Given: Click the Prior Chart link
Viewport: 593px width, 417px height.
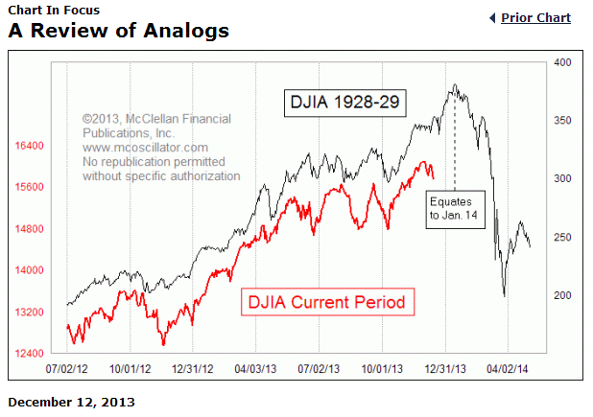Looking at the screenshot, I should pyautogui.click(x=535, y=18).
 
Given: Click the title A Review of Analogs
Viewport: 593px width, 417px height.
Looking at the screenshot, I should pyautogui.click(x=119, y=31).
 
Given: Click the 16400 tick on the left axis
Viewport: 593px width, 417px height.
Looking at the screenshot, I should pyautogui.click(x=30, y=146).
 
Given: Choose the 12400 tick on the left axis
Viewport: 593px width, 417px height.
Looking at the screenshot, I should pyautogui.click(x=30, y=354).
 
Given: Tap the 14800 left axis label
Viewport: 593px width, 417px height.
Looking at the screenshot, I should pyautogui.click(x=30, y=229).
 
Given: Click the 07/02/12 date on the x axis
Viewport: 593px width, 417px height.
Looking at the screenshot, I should pyautogui.click(x=67, y=368).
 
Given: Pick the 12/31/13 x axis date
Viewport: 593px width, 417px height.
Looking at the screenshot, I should pyautogui.click(x=446, y=368).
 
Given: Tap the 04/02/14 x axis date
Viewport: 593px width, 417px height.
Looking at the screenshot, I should pyautogui.click(x=510, y=368).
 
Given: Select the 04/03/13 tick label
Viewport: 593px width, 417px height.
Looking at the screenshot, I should pyautogui.click(x=256, y=368).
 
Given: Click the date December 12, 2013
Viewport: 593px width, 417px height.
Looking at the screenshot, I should pyautogui.click(x=72, y=402).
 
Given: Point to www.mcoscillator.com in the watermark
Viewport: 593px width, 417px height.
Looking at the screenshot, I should pyautogui.click(x=145, y=148).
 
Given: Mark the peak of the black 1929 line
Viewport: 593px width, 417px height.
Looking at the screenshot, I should pyautogui.click(x=455, y=85).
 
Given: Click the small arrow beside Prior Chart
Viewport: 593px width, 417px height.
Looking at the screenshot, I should pyautogui.click(x=492, y=18).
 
